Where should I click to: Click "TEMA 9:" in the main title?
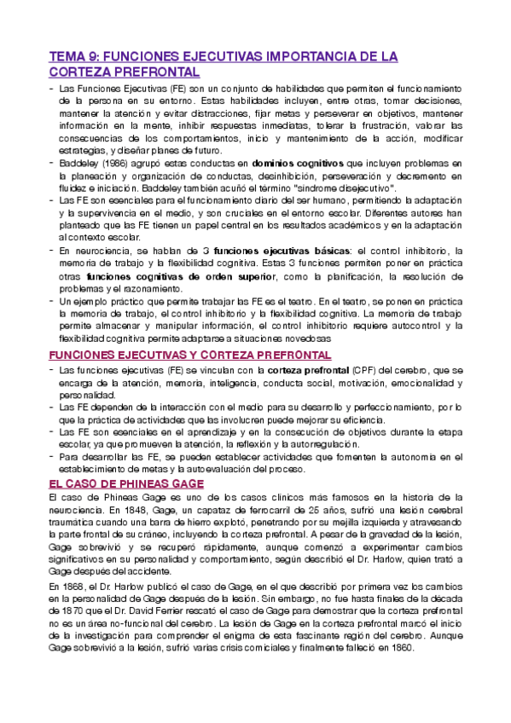pyautogui.click(x=73, y=56)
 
